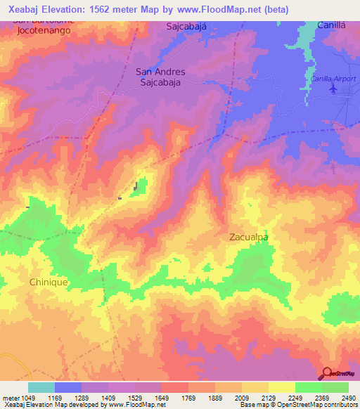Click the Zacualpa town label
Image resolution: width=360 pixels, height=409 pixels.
(250, 238)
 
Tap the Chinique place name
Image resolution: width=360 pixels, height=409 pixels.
(49, 282)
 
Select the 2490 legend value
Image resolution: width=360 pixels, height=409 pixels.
(348, 398)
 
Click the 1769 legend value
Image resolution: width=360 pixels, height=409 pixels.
(188, 398)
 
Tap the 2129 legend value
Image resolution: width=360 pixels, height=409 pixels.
(268, 398)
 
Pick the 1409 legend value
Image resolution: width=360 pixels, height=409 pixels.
(108, 398)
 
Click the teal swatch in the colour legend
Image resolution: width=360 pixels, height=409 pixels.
(41, 387)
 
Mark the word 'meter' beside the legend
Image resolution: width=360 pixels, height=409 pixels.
(11, 398)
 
